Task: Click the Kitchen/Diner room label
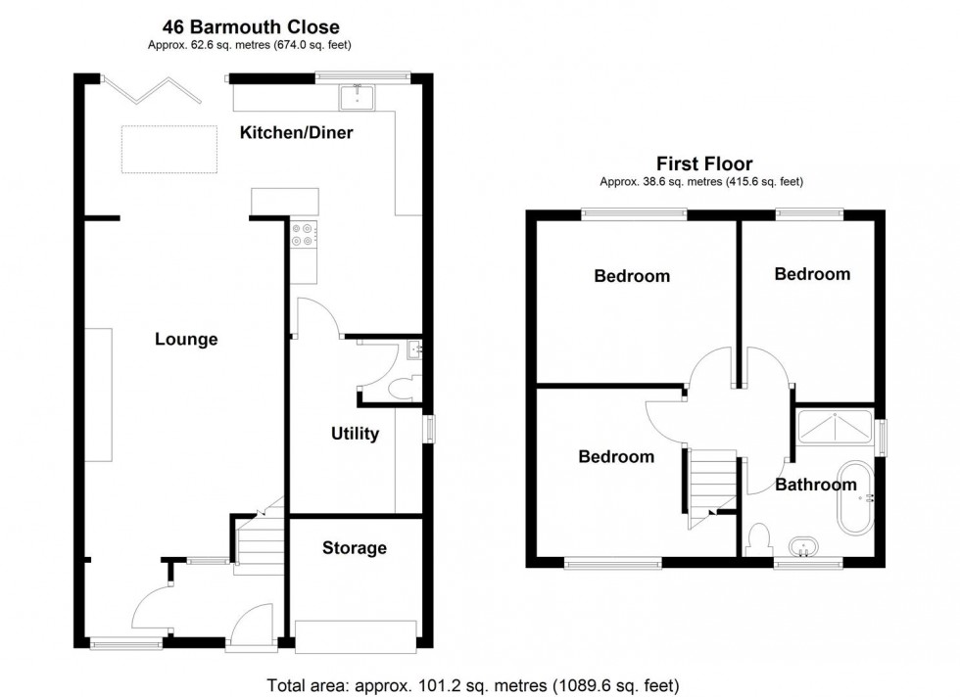pyautogui.click(x=297, y=132)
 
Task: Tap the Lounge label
pyautogui.click(x=186, y=340)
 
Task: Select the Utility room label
pyautogui.click(x=355, y=434)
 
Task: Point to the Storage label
pyautogui.click(x=355, y=548)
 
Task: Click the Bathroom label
pyautogui.click(x=815, y=485)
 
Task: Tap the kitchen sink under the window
pyautogui.click(x=359, y=95)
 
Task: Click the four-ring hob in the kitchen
pyautogui.click(x=303, y=234)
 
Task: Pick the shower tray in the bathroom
pyautogui.click(x=835, y=426)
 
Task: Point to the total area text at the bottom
pyautogui.click(x=472, y=684)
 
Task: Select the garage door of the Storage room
pyautogui.click(x=359, y=636)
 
